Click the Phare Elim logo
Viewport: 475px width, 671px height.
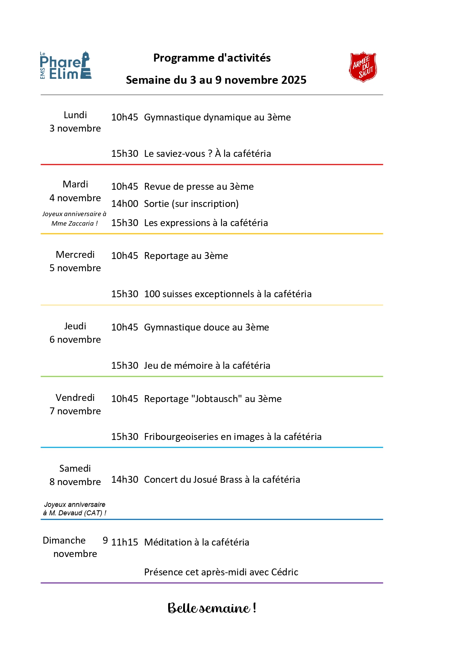[66, 66]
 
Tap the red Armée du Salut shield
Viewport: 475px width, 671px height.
[363, 67]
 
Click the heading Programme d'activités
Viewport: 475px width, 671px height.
[212, 58]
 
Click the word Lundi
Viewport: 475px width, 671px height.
[75, 115]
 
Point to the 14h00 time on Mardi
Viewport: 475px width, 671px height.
[124, 204]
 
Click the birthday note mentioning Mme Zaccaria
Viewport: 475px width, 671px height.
[74, 218]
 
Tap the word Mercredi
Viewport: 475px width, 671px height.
[75, 254]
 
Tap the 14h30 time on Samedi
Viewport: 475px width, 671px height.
[124, 479]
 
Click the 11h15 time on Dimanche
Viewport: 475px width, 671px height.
[124, 542]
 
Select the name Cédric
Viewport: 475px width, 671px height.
[285, 572]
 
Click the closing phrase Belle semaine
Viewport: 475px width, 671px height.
[212, 608]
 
